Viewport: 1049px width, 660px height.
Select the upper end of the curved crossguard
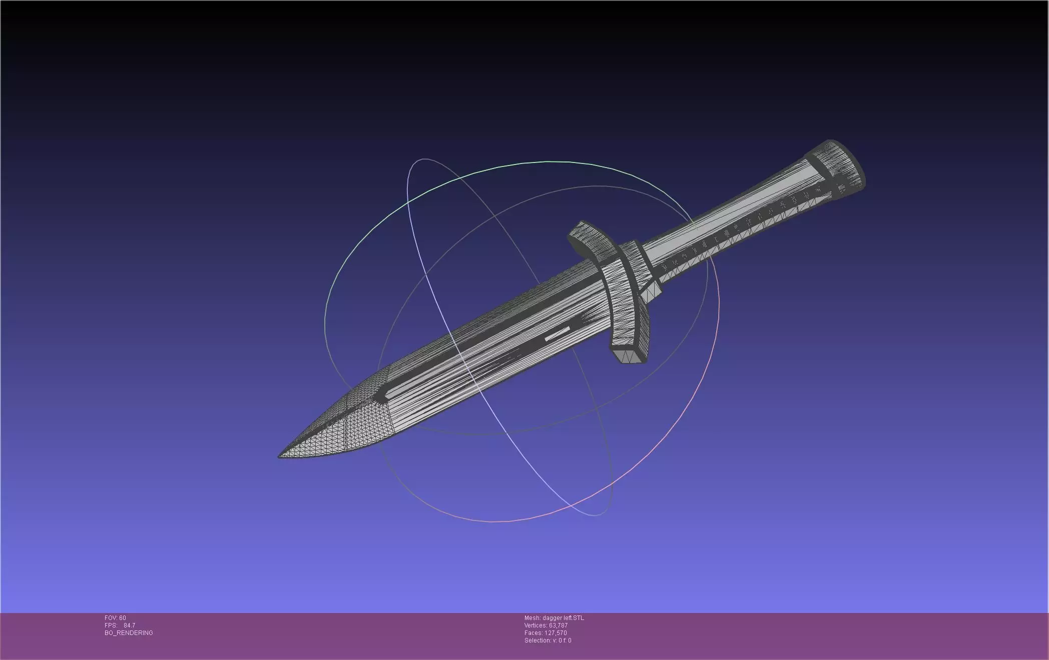[x=581, y=230]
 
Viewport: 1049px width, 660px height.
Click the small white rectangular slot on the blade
[x=557, y=334]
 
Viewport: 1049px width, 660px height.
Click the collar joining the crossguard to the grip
[x=632, y=265]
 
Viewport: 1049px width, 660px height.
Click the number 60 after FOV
[x=123, y=618]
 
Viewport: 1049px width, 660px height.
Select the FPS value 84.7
[x=129, y=625]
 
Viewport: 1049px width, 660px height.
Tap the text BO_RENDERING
[x=129, y=633]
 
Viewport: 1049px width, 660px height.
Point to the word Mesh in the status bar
[x=532, y=618]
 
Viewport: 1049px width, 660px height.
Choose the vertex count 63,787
[x=558, y=625]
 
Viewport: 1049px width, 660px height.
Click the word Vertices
[x=535, y=625]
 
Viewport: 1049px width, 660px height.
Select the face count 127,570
[x=556, y=633]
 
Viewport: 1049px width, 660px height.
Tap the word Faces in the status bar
[x=533, y=633]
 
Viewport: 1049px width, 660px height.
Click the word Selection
[x=537, y=640]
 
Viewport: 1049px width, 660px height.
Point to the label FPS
[x=110, y=625]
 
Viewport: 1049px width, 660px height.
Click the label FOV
[x=111, y=618]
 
